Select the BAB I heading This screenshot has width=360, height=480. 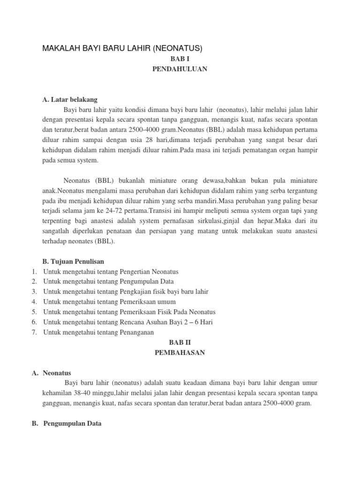[180, 60]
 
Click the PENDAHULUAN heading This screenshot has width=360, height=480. [180, 69]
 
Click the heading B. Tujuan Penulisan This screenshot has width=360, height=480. [73, 261]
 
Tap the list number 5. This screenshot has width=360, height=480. [35, 312]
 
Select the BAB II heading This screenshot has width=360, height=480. [180, 343]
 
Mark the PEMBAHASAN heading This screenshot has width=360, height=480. [180, 353]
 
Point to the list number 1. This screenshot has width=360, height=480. [35, 271]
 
